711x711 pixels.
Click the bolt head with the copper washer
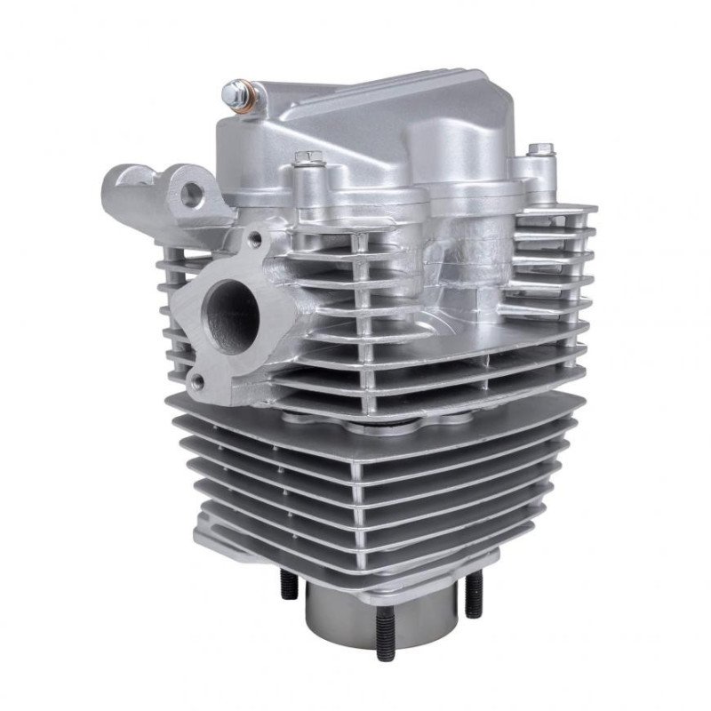point(238,91)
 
